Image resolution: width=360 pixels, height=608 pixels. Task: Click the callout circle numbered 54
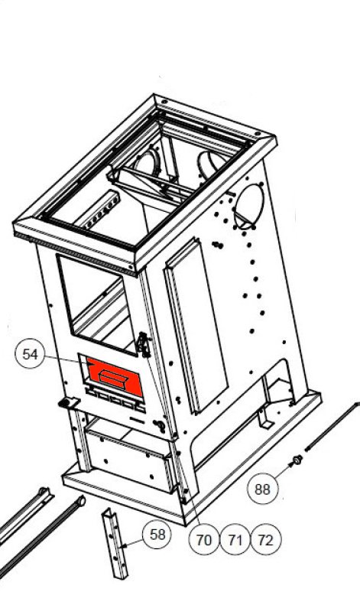pyautogui.click(x=30, y=354)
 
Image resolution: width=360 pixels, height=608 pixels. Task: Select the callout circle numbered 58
pyautogui.click(x=157, y=535)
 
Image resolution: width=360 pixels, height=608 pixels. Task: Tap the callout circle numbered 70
pyautogui.click(x=203, y=539)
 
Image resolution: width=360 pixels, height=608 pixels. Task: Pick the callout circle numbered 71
pyautogui.click(x=235, y=539)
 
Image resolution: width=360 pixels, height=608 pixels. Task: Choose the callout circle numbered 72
pyautogui.click(x=265, y=539)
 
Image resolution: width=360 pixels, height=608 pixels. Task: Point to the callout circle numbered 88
pyautogui.click(x=262, y=489)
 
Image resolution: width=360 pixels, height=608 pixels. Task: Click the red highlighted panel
pyautogui.click(x=115, y=376)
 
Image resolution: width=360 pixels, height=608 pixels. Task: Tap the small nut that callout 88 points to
pyautogui.click(x=297, y=460)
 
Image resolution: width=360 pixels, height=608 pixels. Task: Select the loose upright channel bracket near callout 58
pyautogui.click(x=115, y=543)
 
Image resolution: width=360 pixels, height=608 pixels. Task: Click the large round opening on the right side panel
pyautogui.click(x=250, y=206)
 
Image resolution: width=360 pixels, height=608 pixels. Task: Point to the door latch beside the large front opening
pyautogui.click(x=144, y=344)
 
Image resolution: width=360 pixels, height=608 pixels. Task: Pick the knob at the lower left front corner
pyautogui.click(x=65, y=403)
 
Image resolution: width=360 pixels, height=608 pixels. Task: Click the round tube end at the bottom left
pyautogui.click(x=81, y=501)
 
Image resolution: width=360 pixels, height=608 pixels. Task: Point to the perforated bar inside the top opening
pyautogui.click(x=97, y=210)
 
